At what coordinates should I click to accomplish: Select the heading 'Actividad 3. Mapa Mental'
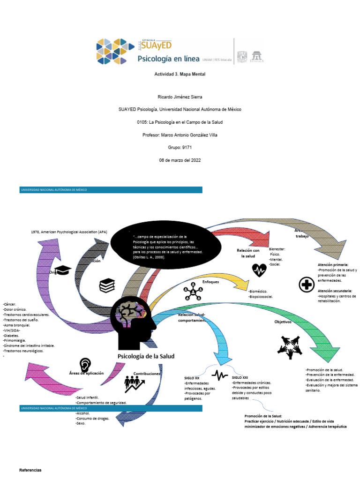coord(180,74)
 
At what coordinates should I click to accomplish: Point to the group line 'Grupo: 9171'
coord(180,147)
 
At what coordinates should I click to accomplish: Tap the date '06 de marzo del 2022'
coord(180,160)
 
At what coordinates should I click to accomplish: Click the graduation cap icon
coord(63,270)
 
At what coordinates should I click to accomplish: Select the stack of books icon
coord(107,285)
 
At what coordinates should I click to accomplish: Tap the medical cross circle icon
coord(306,285)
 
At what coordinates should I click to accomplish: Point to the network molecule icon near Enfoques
coord(192,293)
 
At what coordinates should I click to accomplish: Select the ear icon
coord(85,365)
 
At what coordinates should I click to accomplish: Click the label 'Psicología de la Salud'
coord(145,356)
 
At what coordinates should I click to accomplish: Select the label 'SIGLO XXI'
coord(240,377)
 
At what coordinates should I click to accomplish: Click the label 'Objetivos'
coord(283,322)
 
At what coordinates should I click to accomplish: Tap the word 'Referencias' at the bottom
coord(30,470)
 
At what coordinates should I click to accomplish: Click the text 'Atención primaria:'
coord(333,265)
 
